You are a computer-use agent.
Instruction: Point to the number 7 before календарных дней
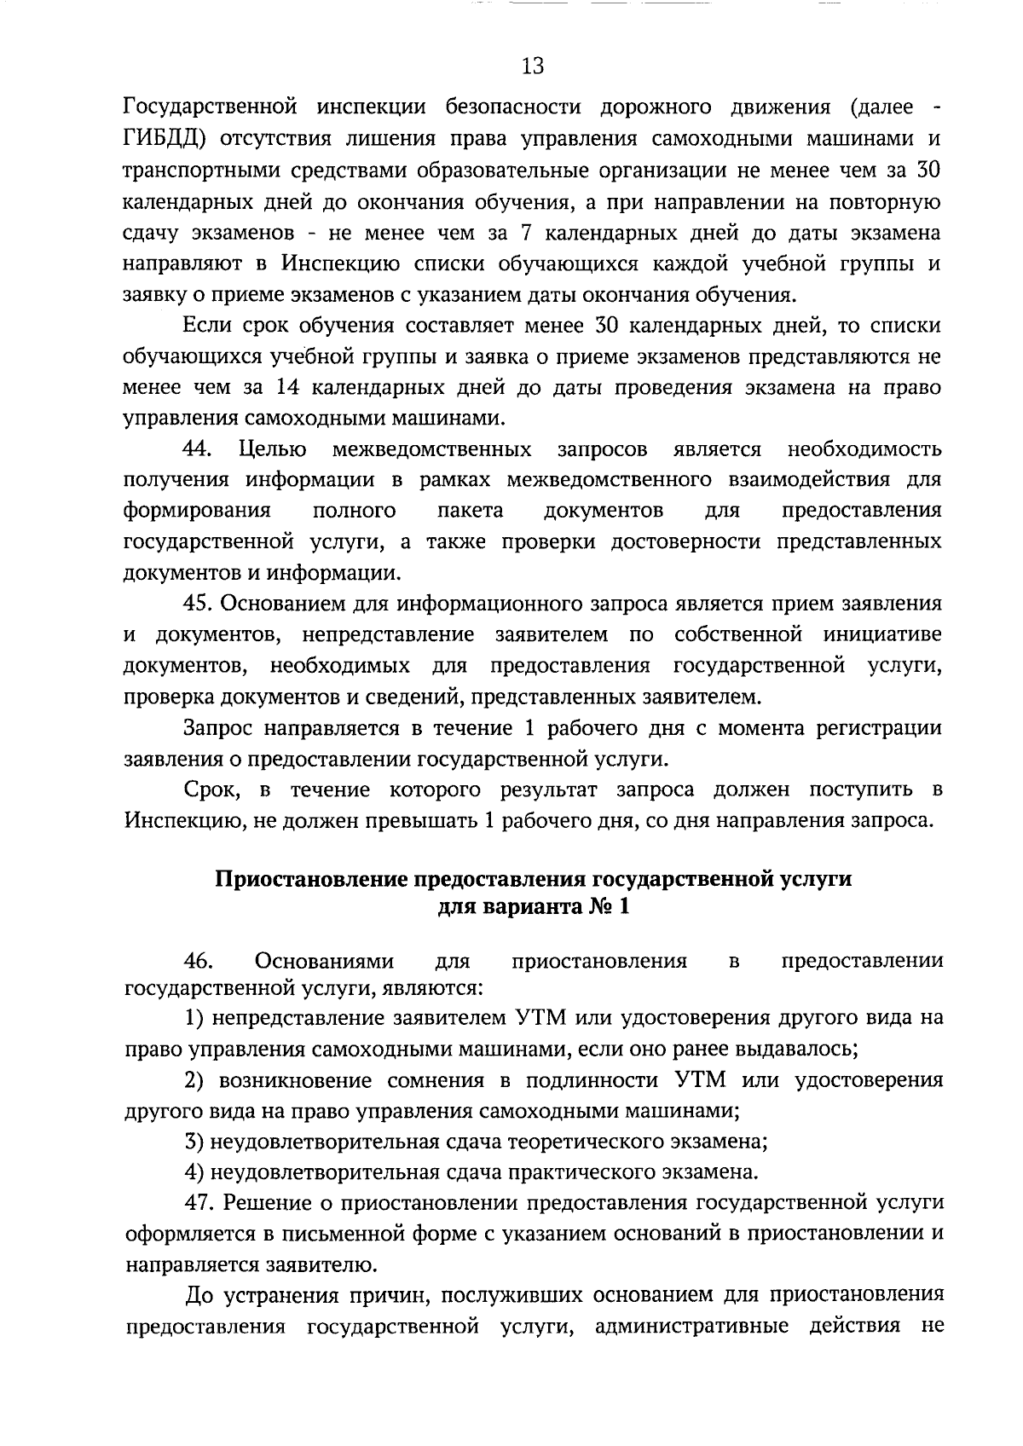[x=525, y=232]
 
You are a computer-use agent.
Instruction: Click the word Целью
[x=274, y=448]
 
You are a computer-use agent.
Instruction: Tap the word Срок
[x=207, y=790]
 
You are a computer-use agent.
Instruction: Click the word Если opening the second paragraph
[x=205, y=325]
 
